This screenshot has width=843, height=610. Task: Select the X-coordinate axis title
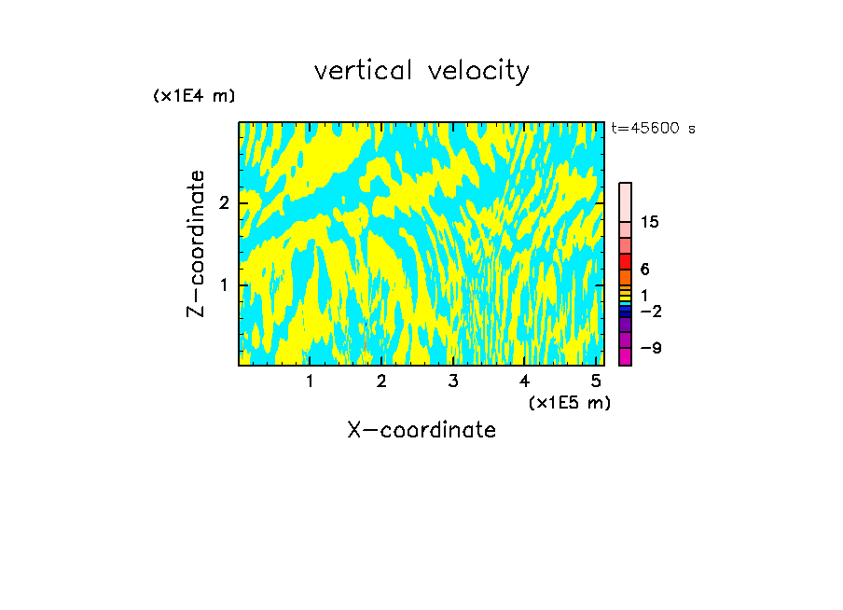point(421,430)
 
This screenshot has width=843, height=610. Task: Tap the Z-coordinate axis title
point(196,243)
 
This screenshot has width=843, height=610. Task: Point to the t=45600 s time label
point(653,129)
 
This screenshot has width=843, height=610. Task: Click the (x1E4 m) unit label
point(194,95)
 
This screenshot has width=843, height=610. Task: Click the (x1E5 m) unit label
point(569,402)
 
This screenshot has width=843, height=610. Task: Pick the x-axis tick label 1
point(310,381)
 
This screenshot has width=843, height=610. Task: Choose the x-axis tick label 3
point(453,381)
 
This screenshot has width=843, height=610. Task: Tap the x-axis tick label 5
point(596,381)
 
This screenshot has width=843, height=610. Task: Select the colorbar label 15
point(650,222)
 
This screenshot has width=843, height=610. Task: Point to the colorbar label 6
point(644,270)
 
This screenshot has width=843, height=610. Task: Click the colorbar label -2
point(650,311)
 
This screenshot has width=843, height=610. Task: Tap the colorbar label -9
point(650,348)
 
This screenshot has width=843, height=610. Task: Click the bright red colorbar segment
point(626,261)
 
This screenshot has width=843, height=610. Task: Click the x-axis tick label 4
point(524,381)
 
